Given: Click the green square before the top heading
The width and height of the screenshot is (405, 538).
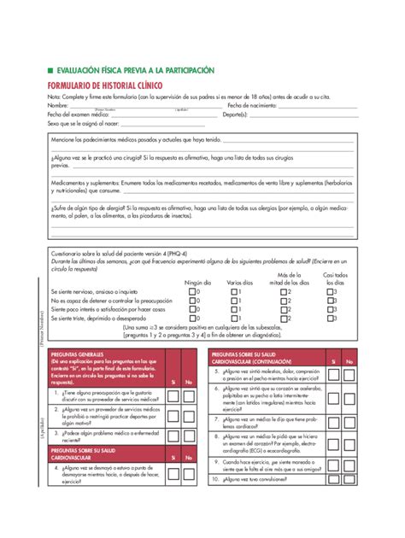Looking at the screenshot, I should pyautogui.click(x=50, y=70).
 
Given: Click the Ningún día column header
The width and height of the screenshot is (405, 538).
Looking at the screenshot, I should pyautogui.click(x=197, y=283).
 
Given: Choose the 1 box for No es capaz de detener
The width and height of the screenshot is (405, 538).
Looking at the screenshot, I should pyautogui.click(x=235, y=301).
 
